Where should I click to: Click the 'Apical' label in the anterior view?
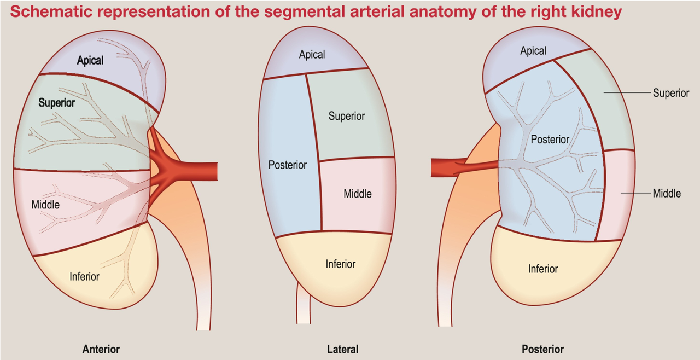tap(90, 60)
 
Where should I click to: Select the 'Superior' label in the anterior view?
tap(57, 102)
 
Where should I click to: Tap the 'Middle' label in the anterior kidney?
tap(45, 205)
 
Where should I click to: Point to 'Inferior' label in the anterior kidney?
tap(84, 276)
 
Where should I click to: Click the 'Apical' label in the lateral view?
tap(312, 54)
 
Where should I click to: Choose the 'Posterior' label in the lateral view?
tap(288, 165)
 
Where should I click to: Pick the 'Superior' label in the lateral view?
tap(347, 116)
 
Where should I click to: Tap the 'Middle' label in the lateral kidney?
tap(358, 194)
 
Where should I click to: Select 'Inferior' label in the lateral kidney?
tap(341, 264)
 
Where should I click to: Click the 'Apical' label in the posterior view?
tap(533, 51)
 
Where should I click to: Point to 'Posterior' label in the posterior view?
tap(550, 140)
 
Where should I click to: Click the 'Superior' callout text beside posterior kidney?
tap(670, 93)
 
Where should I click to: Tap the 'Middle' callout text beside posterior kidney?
tap(667, 193)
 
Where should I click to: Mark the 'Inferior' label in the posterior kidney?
tap(543, 269)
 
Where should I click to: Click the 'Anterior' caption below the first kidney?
tap(101, 349)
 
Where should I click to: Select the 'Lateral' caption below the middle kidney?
tap(342, 349)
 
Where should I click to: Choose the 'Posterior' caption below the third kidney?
tap(542, 349)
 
